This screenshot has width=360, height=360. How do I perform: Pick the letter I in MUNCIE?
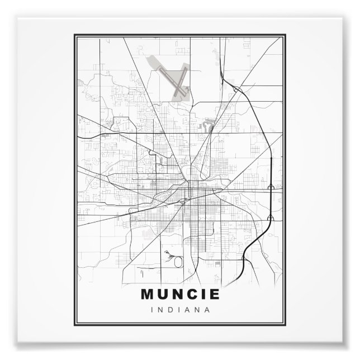point(202,293)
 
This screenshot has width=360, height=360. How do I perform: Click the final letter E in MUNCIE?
point(213,293)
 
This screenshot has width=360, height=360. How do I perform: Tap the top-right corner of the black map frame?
point(285,35)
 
